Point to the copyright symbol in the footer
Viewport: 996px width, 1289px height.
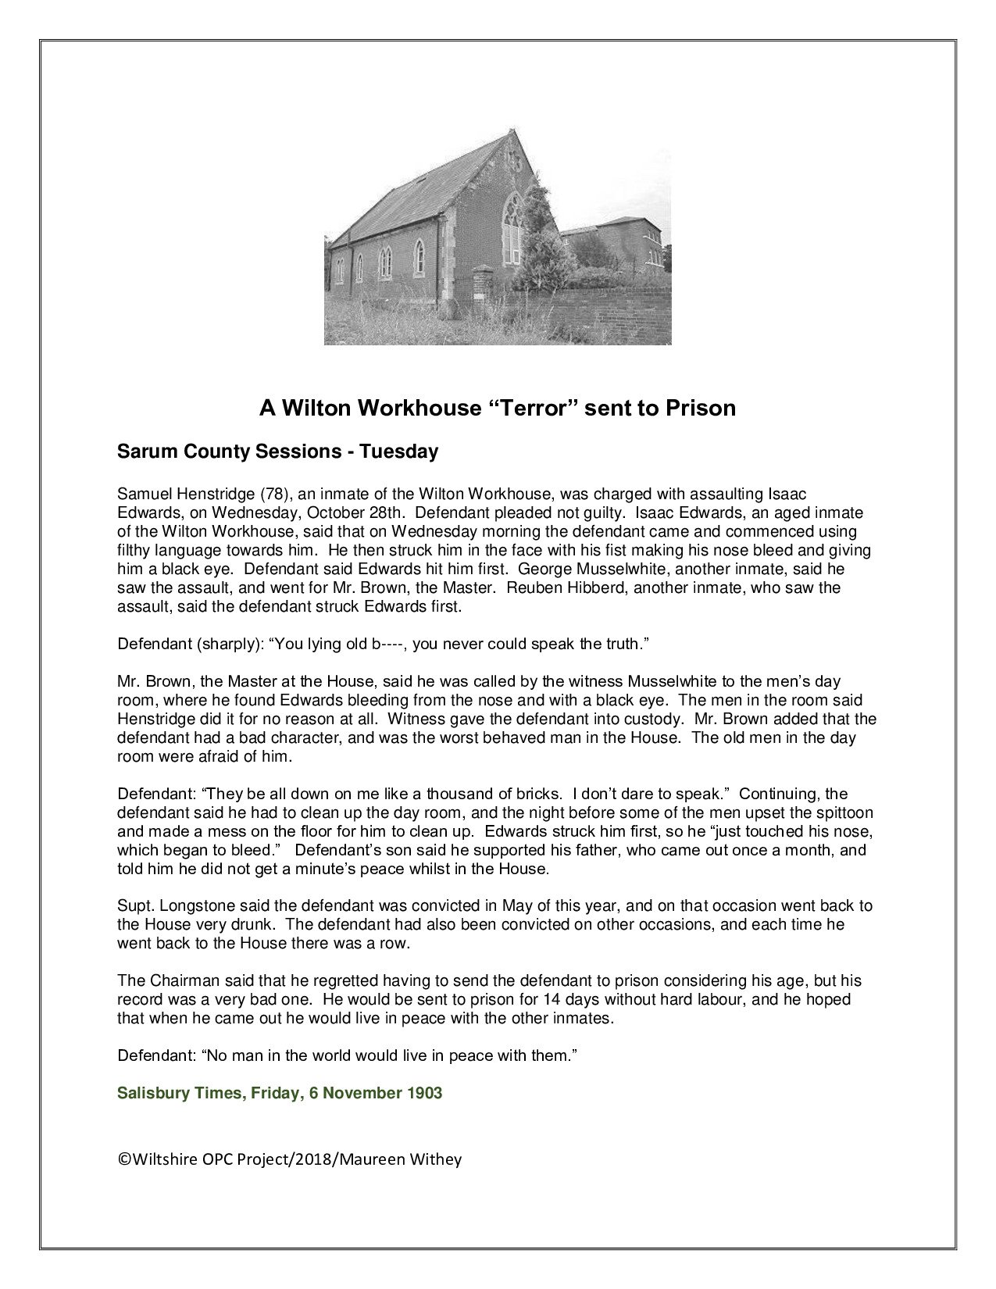click(123, 1159)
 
